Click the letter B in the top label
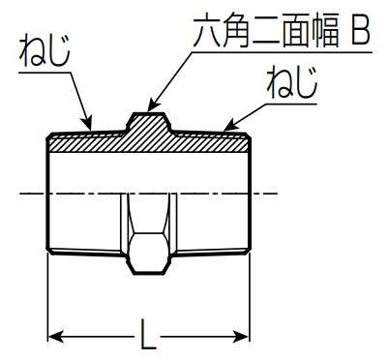click(x=360, y=32)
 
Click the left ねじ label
click(x=45, y=51)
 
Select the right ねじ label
click(x=292, y=82)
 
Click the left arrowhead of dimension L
click(x=55, y=337)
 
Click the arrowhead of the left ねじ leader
click(x=88, y=123)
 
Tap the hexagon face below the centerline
click(x=148, y=254)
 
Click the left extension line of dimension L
click(x=48, y=297)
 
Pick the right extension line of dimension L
click(x=250, y=297)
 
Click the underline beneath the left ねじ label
click(x=45, y=73)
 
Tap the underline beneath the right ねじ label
click(x=291, y=104)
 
